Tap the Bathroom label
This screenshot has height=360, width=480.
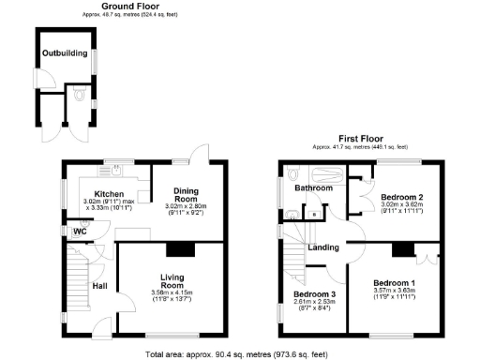313,187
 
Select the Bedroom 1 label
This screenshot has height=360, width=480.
393,283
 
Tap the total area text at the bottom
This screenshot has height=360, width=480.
239,354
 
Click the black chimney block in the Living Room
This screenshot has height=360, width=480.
178,248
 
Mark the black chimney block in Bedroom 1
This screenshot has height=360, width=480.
402,248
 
